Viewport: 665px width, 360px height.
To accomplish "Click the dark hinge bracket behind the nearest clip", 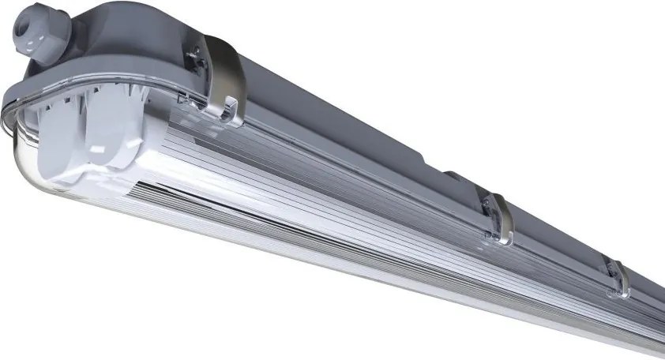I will click(x=195, y=59).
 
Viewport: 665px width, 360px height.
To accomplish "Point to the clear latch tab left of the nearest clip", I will click(x=186, y=100).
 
